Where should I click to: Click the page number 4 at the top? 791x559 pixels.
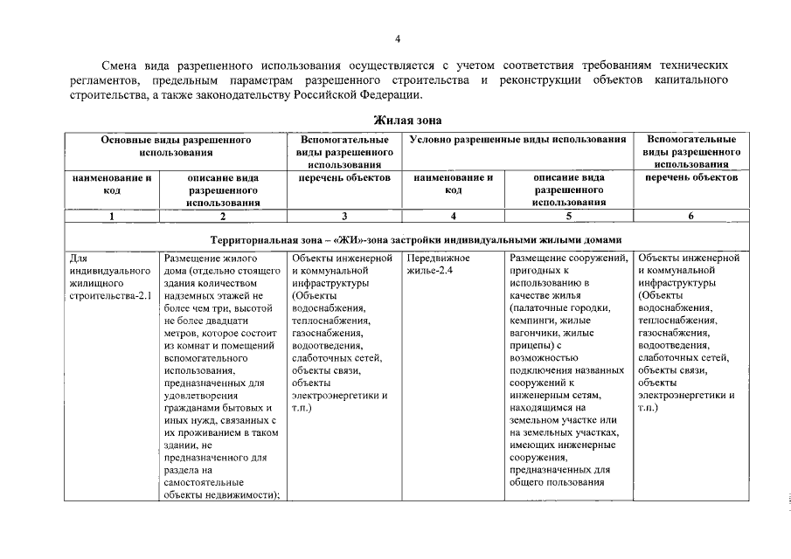point(397,39)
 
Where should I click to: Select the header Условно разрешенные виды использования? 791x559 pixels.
point(518,139)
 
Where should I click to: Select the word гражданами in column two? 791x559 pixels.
point(194,407)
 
